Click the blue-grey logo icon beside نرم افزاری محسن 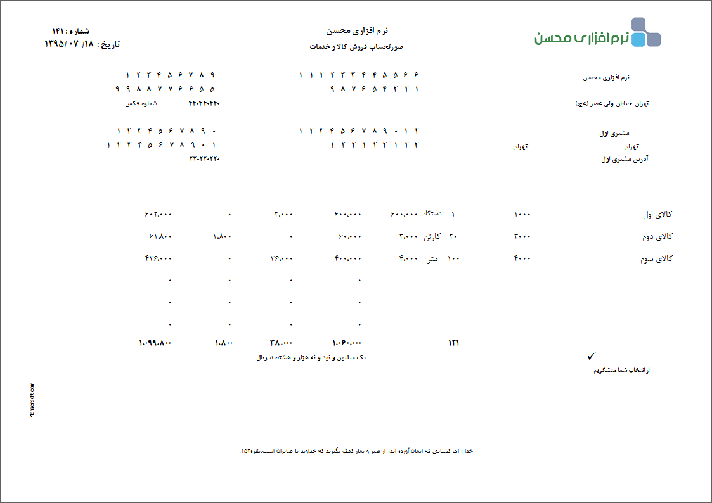(x=646, y=32)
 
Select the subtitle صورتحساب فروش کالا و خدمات (x=357, y=47)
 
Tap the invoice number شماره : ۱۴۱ (x=70, y=31)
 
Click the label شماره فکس (x=141, y=103)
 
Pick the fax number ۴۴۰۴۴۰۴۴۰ (x=204, y=103)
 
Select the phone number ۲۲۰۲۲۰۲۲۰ (x=204, y=158)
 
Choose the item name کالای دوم (x=657, y=237)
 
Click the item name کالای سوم (x=657, y=259)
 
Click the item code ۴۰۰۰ (x=522, y=258)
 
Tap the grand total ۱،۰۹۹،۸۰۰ (x=155, y=343)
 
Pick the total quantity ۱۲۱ (x=453, y=343)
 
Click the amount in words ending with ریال (x=311, y=358)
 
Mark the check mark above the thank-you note (x=592, y=357)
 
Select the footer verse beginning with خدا (x=356, y=451)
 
